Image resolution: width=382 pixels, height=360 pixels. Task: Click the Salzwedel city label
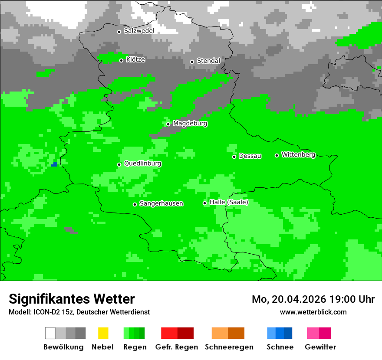139,31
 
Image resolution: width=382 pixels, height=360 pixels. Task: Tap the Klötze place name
135,59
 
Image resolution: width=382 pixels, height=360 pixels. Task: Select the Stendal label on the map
208,61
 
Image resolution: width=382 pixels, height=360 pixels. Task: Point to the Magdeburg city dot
168,124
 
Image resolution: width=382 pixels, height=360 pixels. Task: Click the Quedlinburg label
142,164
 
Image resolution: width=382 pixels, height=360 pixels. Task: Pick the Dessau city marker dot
234,157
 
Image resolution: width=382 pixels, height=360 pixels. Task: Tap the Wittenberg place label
298,154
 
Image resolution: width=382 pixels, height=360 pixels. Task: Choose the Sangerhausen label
161,203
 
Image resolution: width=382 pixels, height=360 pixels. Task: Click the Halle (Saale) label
229,202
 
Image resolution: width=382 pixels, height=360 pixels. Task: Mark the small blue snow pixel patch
54,164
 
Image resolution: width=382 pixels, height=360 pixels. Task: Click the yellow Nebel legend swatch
103,333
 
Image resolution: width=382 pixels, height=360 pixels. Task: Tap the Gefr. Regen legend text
177,347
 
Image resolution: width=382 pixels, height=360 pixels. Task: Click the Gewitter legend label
320,347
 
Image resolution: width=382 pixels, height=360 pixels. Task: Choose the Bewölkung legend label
63,347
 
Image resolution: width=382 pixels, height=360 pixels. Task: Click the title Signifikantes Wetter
72,299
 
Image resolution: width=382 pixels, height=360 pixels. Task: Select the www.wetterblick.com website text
313,312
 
